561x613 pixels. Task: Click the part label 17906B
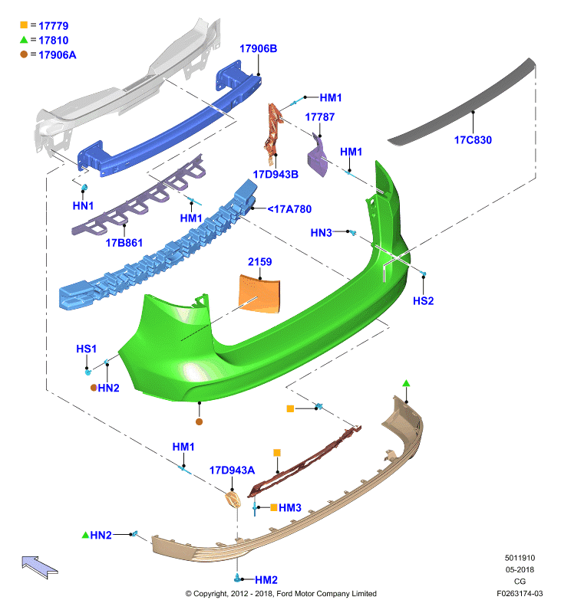point(258,48)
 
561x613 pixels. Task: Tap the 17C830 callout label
point(473,140)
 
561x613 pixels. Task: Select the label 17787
point(319,117)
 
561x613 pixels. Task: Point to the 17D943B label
point(276,175)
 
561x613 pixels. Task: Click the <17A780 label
point(289,209)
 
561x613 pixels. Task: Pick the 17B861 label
point(124,243)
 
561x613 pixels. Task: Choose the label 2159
point(259,261)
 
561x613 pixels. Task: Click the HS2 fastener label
point(423,300)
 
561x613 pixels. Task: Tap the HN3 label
point(321,233)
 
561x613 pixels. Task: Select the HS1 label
point(86,349)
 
